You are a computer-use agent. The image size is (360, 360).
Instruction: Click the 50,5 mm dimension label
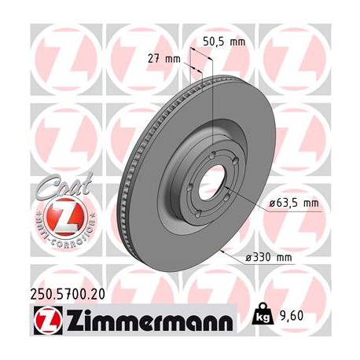(x=223, y=42)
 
